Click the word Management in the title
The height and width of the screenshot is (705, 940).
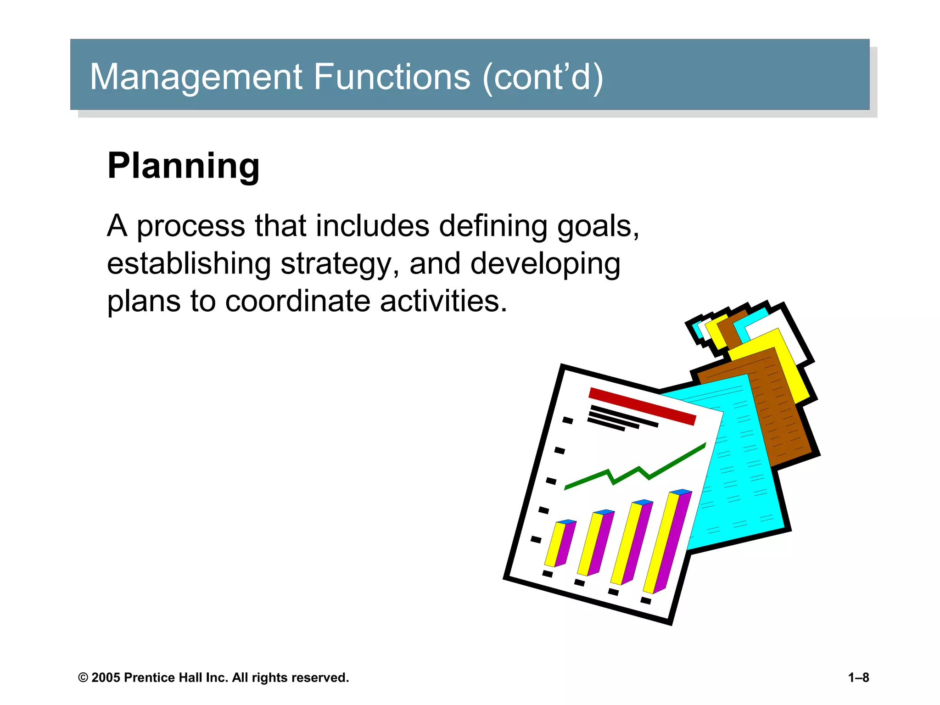click(196, 77)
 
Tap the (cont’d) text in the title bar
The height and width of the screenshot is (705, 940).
click(543, 77)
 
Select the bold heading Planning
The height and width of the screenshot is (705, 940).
click(184, 166)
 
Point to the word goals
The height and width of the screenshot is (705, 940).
click(597, 227)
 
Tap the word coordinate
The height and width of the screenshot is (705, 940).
click(297, 302)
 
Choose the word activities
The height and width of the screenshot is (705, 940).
click(443, 302)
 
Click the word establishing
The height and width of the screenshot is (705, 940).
click(189, 264)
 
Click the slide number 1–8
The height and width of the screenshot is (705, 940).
click(858, 677)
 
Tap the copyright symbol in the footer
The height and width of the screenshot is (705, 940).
click(83, 678)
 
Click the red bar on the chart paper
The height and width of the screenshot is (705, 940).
click(642, 406)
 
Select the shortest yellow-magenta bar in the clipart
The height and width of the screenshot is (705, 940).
click(560, 544)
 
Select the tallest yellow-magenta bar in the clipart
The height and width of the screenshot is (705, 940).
click(666, 542)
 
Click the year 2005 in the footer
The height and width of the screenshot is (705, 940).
click(106, 677)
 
